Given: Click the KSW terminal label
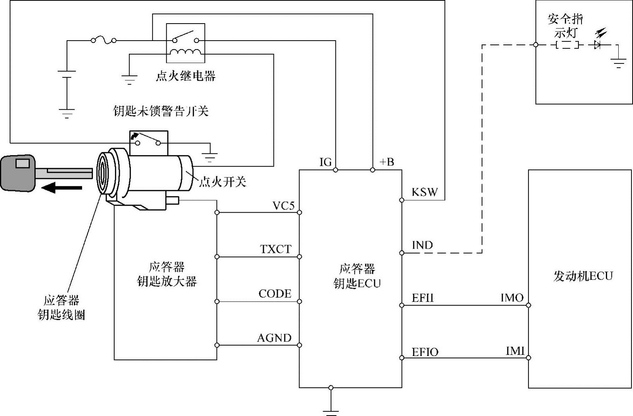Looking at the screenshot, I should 424,192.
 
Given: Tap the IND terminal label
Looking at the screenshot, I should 422,245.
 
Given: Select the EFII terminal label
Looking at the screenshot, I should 423,298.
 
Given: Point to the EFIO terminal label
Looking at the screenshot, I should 425,352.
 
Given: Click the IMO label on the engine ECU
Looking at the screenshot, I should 512,298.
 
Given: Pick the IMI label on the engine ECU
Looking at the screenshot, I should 515,351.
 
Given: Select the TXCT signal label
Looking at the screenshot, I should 275,249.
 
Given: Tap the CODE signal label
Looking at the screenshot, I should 275,294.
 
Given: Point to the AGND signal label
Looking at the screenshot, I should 274,338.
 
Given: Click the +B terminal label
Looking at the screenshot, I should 387,162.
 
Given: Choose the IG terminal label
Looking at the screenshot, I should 325,162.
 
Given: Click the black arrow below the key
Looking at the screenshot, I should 62,188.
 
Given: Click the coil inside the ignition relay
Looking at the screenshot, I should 185,53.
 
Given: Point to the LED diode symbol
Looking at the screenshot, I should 597,45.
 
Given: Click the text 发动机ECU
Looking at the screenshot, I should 583,276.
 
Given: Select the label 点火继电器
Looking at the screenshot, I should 185,76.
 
